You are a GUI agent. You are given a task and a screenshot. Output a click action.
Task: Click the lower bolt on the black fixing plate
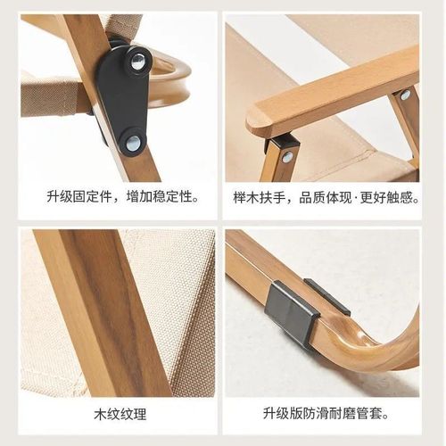point(132,142)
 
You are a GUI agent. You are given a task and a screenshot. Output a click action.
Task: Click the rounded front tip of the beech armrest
point(256,120)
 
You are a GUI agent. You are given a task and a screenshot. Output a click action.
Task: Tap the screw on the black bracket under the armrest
point(287,157)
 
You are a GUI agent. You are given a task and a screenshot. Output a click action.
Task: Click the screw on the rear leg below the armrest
point(406,95)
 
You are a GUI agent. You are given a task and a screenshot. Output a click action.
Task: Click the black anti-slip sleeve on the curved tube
point(294,311)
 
